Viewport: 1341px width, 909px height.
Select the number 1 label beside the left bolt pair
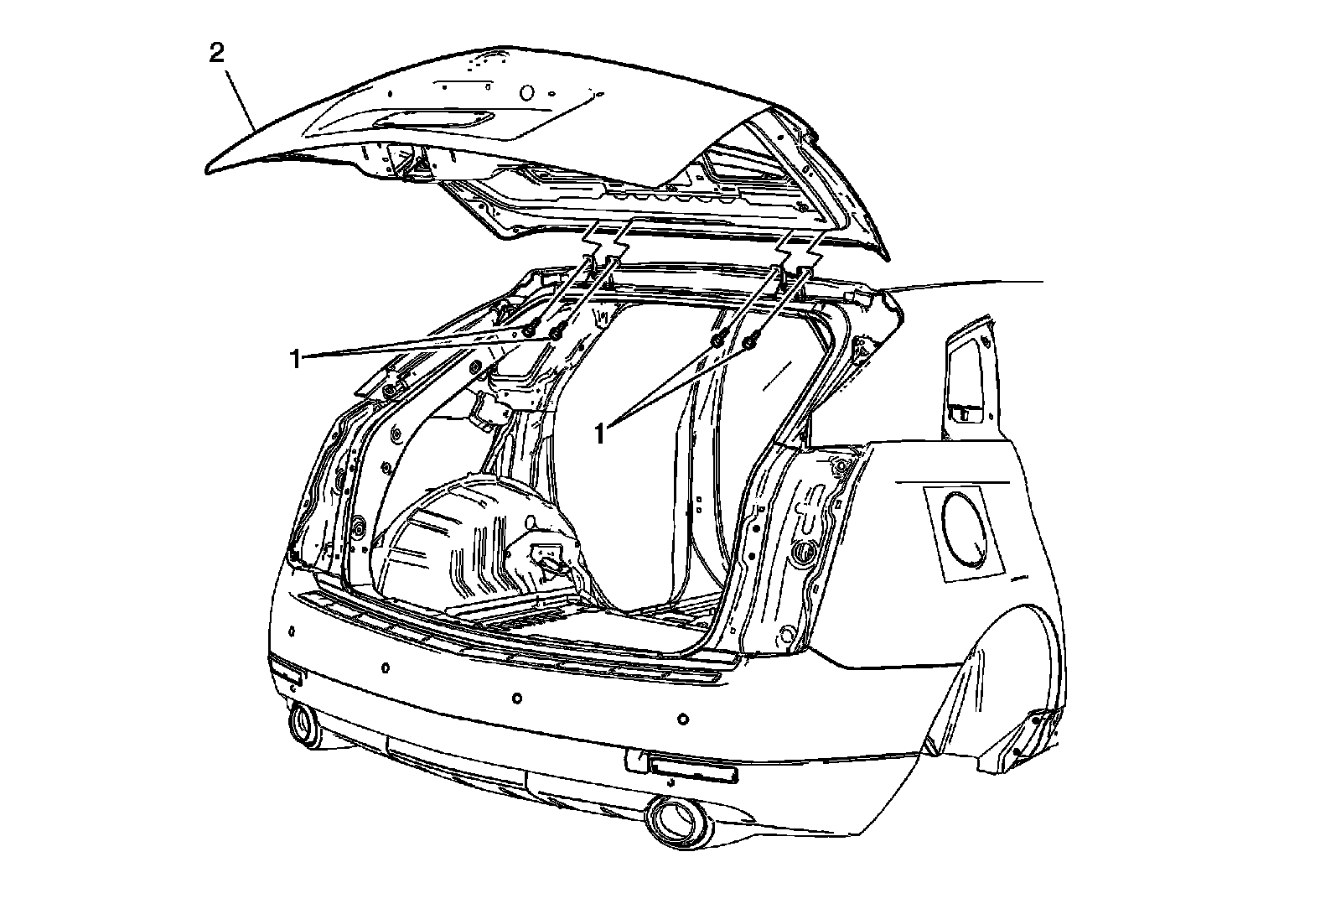294,359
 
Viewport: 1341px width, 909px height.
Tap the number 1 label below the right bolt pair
600,433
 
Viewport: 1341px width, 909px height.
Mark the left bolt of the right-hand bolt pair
718,340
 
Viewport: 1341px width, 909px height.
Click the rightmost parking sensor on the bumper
683,718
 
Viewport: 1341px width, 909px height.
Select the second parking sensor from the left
385,668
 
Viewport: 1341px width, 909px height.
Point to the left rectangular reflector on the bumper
286,672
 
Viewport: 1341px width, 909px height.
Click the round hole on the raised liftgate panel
528,91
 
